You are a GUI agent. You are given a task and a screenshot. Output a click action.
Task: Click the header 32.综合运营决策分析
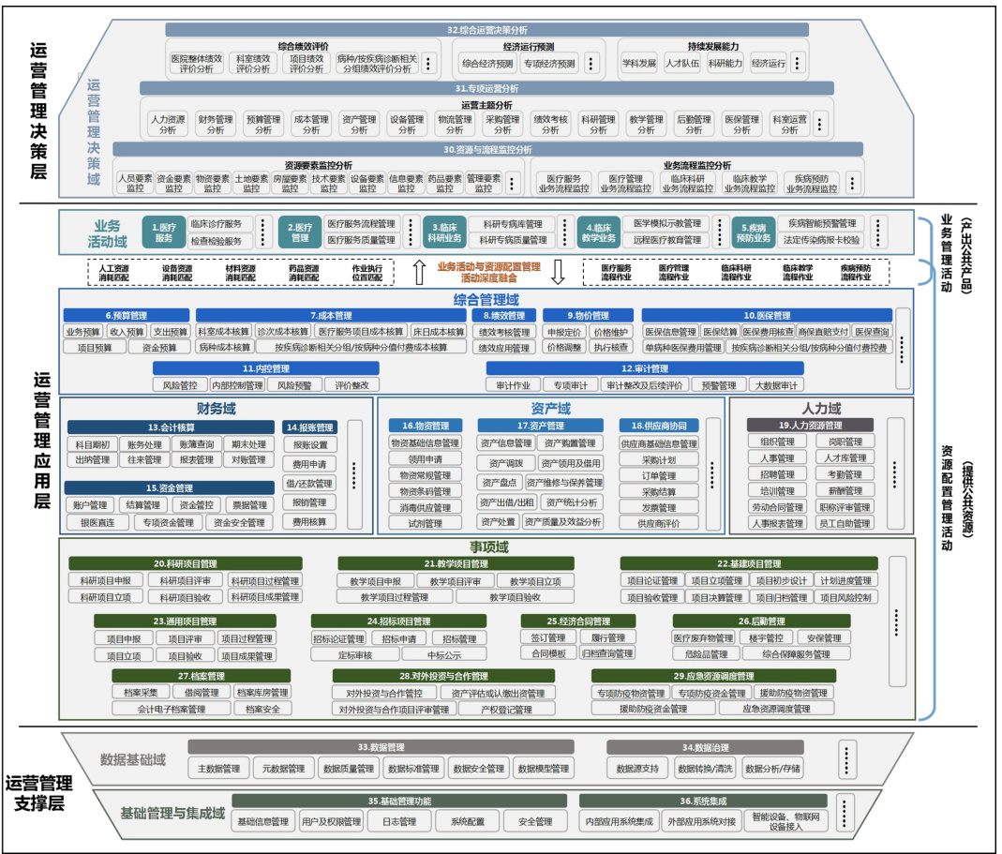tap(487, 30)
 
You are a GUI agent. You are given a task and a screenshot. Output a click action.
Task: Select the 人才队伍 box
tap(681, 64)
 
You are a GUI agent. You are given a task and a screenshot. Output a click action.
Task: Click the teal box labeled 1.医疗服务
tap(164, 232)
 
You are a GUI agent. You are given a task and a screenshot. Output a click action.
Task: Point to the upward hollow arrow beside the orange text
tap(419, 272)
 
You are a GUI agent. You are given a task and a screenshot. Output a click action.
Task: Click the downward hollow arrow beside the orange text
tap(558, 272)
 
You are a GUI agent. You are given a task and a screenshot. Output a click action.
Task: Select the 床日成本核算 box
tap(438, 332)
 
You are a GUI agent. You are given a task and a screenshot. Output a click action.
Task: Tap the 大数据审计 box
tap(778, 385)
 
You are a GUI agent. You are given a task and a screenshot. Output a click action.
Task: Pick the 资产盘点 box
tap(499, 482)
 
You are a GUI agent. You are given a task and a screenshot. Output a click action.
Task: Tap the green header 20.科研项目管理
tap(185, 563)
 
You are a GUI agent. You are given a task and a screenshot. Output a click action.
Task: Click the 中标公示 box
tap(444, 655)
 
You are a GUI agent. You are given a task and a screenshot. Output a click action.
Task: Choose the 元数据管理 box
tap(283, 769)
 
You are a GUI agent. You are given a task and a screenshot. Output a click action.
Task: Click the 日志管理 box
tap(398, 822)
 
